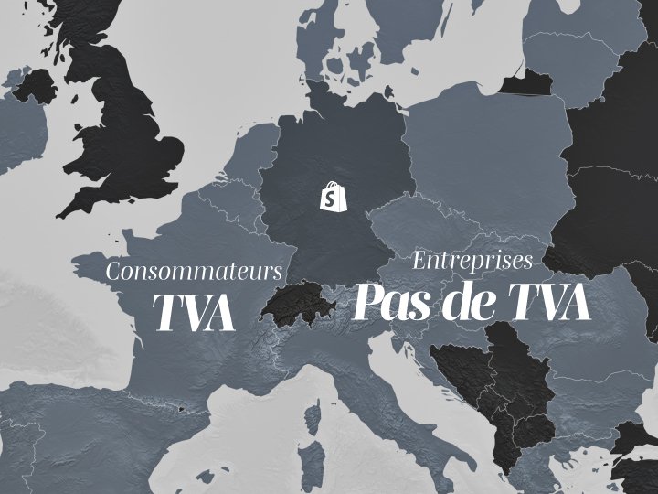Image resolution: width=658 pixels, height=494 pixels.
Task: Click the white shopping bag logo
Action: click(x=330, y=197)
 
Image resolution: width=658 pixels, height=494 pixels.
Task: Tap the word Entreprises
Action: click(x=472, y=261)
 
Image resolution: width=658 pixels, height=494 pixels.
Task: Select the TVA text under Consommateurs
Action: click(x=194, y=312)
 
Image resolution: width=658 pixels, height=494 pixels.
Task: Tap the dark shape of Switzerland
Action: click(x=294, y=304)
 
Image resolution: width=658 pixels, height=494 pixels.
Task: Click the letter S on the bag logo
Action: click(x=330, y=199)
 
